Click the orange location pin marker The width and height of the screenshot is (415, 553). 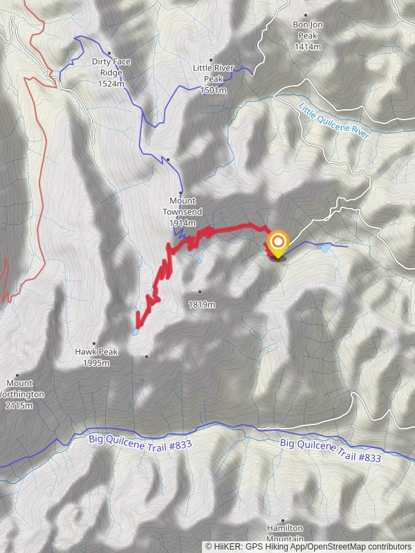[277, 242]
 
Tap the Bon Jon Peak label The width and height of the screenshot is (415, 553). [307, 24]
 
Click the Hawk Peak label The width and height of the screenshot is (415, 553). [96, 352]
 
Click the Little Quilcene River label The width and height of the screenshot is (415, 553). [334, 121]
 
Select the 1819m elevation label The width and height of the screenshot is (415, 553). [201, 304]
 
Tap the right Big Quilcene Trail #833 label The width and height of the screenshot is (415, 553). [330, 450]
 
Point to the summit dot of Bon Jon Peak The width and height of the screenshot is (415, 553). [306, 15]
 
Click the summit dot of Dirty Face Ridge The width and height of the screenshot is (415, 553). [109, 53]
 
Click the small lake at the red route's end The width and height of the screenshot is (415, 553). [136, 332]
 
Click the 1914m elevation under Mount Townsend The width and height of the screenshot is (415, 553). [182, 223]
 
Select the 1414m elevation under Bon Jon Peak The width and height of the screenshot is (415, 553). [308, 46]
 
